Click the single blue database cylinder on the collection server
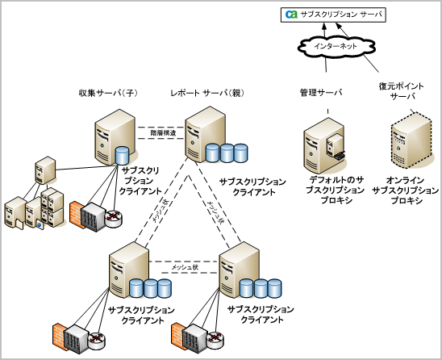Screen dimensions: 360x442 (121, 155)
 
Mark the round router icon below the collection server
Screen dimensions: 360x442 (114, 214)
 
